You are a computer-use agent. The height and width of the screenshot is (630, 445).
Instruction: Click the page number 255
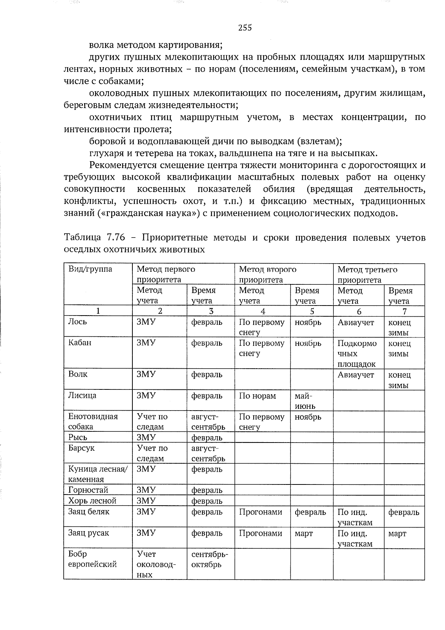coord(245,27)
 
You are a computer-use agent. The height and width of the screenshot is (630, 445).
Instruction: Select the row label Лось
coord(78,322)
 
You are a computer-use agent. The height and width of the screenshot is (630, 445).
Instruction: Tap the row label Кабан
coord(80,343)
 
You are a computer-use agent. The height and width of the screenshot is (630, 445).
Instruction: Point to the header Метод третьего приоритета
coord(367,274)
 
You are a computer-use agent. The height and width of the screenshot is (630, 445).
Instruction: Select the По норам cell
coord(257,396)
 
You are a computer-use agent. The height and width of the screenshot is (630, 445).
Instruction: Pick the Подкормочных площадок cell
coord(357,353)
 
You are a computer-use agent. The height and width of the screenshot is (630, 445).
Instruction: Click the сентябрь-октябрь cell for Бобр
coord(210,559)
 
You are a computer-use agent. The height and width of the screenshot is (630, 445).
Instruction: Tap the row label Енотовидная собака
coord(93,421)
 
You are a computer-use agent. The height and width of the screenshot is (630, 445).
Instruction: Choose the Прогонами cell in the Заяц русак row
coord(260,533)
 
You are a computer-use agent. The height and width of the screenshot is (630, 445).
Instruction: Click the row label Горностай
coord(88,490)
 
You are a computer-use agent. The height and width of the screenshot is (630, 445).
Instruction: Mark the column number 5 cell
coord(312,311)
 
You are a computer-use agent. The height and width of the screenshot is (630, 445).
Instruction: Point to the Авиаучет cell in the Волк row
coord(356,375)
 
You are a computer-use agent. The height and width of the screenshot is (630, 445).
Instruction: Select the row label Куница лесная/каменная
coord(97,474)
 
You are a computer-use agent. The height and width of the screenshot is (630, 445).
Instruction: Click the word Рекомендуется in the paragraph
coord(127,165)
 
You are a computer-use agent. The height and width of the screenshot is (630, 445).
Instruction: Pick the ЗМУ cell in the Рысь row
coord(146,437)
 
